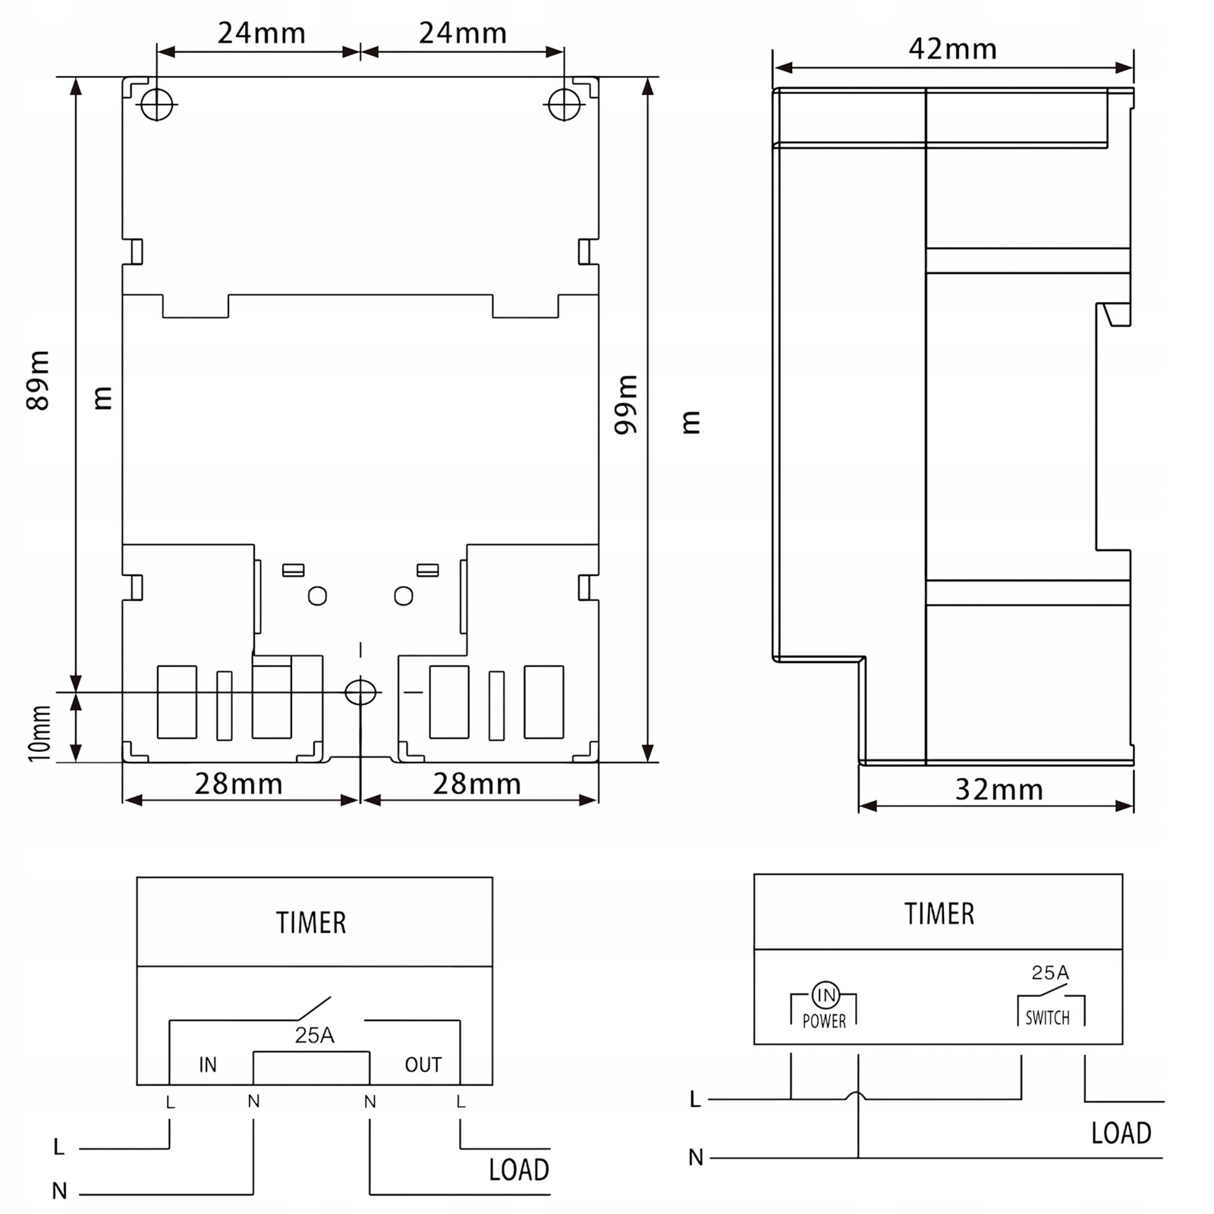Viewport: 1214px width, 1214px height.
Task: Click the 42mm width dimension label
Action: pos(952,49)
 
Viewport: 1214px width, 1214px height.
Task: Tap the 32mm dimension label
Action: pos(999,790)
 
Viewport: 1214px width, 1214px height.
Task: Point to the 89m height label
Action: pos(37,380)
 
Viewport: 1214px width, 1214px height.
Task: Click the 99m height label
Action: pos(626,404)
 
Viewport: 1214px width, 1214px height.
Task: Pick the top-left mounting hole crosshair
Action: pos(157,104)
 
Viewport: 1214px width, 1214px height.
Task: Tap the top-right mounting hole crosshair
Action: pos(564,104)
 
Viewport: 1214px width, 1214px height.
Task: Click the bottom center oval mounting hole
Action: pos(360,692)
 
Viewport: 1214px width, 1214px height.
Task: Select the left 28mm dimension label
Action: pos(238,784)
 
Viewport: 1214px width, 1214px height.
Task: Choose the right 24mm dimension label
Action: pos(463,33)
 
